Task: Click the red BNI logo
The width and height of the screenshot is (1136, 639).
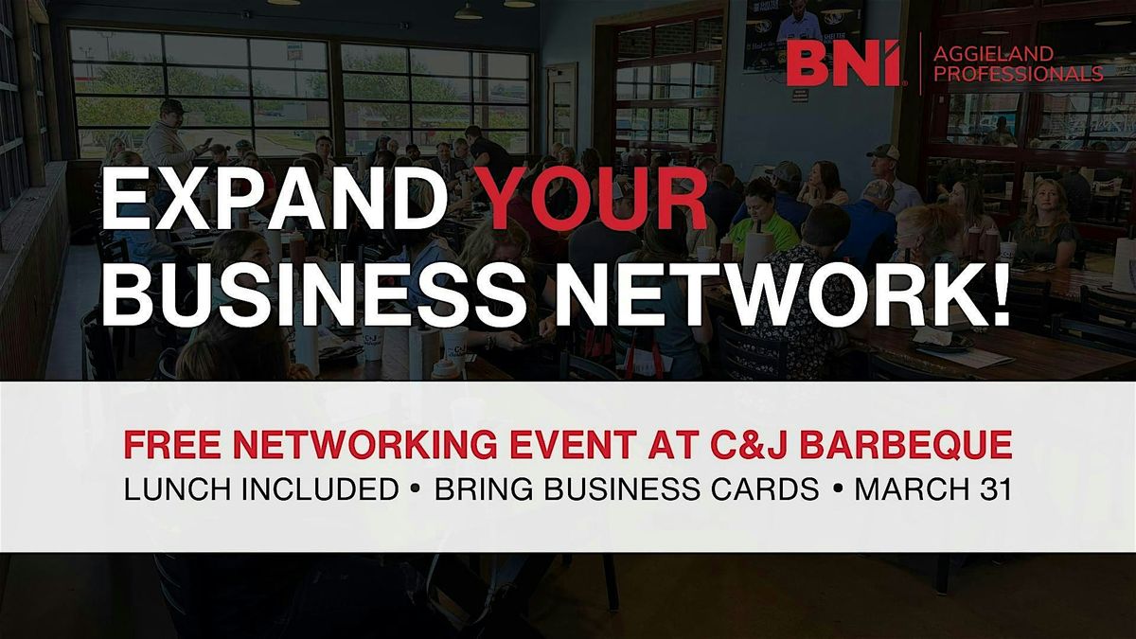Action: tap(843, 63)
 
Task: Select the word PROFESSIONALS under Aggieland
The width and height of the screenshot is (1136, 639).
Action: tap(1019, 74)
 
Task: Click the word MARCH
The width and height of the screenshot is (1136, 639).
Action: tap(913, 488)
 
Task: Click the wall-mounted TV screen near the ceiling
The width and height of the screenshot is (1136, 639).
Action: tap(805, 34)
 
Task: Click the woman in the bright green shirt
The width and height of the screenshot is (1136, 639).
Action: tap(757, 217)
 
